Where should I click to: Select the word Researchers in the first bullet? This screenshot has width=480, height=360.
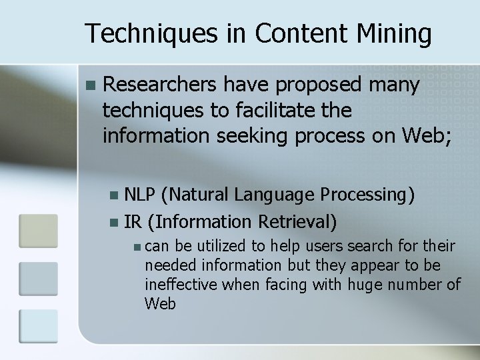161,85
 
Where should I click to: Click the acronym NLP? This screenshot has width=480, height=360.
141,195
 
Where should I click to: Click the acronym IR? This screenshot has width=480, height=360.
133,220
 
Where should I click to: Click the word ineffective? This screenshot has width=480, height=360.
181,285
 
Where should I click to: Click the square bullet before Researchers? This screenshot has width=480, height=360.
91,85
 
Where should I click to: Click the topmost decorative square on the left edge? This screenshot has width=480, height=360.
38,230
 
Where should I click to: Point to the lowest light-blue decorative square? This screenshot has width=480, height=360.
38,326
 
